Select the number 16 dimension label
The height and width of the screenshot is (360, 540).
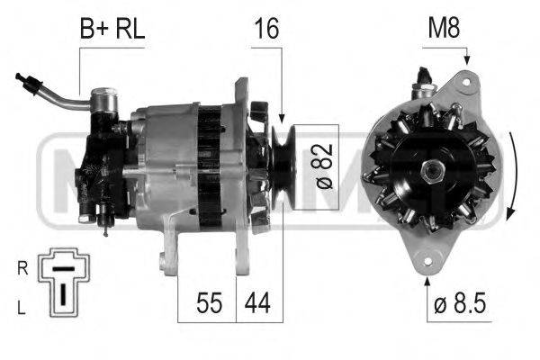tap(265, 30)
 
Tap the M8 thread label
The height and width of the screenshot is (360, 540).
tap(442, 30)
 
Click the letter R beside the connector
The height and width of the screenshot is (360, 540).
tap(22, 267)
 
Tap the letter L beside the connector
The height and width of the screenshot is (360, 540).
tap(22, 308)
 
